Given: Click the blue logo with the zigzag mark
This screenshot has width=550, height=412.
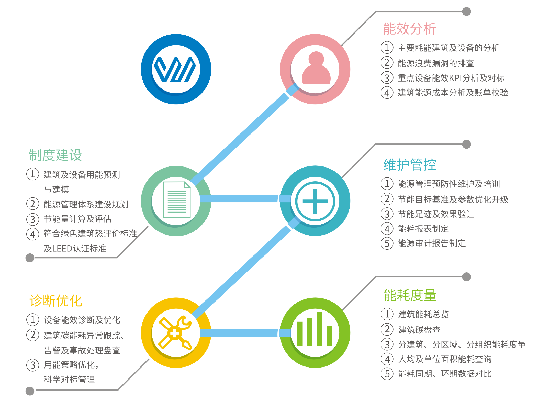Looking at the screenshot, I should [176, 69].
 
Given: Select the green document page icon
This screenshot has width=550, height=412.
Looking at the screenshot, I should [176, 199].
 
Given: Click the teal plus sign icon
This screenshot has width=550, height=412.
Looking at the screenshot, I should [315, 201].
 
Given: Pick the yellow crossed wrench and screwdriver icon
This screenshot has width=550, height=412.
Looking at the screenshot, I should [175, 332].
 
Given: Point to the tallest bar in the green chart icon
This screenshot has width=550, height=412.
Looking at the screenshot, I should [319, 329].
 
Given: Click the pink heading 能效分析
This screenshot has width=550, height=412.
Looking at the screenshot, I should [409, 28].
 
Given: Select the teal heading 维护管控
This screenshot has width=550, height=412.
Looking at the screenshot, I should [410, 164].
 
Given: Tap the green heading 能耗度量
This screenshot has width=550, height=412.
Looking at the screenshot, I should [410, 295].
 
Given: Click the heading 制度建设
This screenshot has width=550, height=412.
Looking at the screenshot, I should [55, 155].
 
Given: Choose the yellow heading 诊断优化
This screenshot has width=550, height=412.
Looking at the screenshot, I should [56, 300].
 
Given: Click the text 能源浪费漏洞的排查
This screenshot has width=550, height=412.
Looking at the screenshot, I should [436, 63].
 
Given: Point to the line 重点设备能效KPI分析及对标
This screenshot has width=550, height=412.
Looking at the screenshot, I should [451, 78].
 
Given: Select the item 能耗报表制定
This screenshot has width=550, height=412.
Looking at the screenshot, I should [423, 229].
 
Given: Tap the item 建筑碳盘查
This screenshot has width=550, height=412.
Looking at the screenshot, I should [419, 330].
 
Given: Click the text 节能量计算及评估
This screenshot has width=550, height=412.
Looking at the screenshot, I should [77, 219].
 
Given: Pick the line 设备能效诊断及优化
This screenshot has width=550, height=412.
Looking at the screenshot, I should [82, 320].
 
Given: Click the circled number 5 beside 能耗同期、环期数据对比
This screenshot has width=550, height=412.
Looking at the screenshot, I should [387, 374].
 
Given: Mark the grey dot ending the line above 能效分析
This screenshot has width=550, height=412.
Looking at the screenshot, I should [467, 12].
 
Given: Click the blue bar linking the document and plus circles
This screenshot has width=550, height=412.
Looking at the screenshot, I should [239, 198].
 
